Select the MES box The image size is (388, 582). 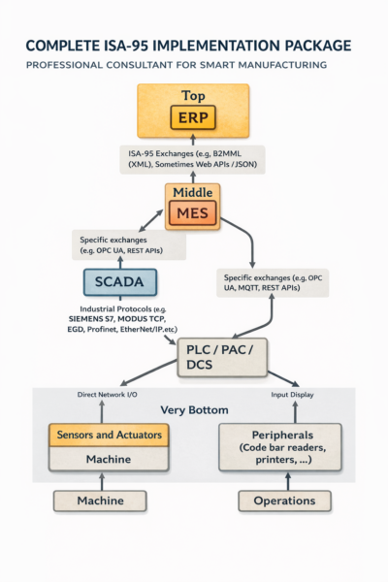pos(193,212)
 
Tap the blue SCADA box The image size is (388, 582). pos(118,282)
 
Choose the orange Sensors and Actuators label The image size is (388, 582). pos(109,436)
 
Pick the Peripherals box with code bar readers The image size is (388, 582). pos(279,446)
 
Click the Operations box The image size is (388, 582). pos(285,501)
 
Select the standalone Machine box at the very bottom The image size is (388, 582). pos(101,501)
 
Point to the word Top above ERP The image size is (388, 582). pos(193,96)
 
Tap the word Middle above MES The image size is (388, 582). pos(193,192)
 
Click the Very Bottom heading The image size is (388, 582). pos(193,409)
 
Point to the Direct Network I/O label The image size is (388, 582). pos(111,394)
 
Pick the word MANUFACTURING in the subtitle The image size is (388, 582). pos(275,65)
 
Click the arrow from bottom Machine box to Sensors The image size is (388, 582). pos(101,481)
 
